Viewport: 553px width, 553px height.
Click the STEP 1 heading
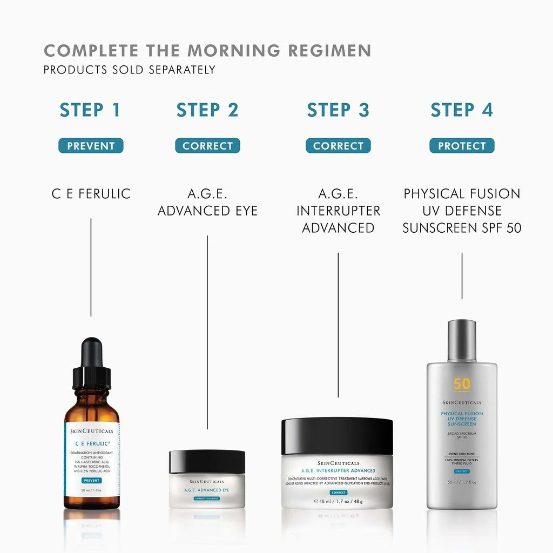click(90, 110)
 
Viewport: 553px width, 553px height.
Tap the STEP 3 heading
click(338, 110)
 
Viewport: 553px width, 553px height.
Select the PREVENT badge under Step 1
click(91, 146)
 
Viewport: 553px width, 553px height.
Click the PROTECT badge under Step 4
click(462, 146)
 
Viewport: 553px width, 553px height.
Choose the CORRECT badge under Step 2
click(207, 146)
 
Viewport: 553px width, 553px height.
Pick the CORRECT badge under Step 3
click(338, 146)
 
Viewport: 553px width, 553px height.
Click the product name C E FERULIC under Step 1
click(91, 194)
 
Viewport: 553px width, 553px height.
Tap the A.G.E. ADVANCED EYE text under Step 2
click(207, 203)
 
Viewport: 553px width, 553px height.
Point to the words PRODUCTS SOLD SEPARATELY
click(130, 70)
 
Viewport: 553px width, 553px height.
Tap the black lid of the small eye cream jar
click(207, 461)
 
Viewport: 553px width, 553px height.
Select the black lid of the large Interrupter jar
click(338, 435)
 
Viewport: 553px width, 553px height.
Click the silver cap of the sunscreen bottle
click(462, 340)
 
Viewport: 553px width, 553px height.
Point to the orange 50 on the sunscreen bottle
click(462, 384)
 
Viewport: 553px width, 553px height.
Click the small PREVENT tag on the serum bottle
click(92, 480)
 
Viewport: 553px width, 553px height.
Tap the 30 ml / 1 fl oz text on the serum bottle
click(92, 490)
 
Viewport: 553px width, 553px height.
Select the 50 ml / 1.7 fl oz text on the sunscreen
click(462, 482)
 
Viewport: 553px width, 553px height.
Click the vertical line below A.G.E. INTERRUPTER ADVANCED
click(338, 324)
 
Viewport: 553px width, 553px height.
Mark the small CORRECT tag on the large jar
click(338, 493)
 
